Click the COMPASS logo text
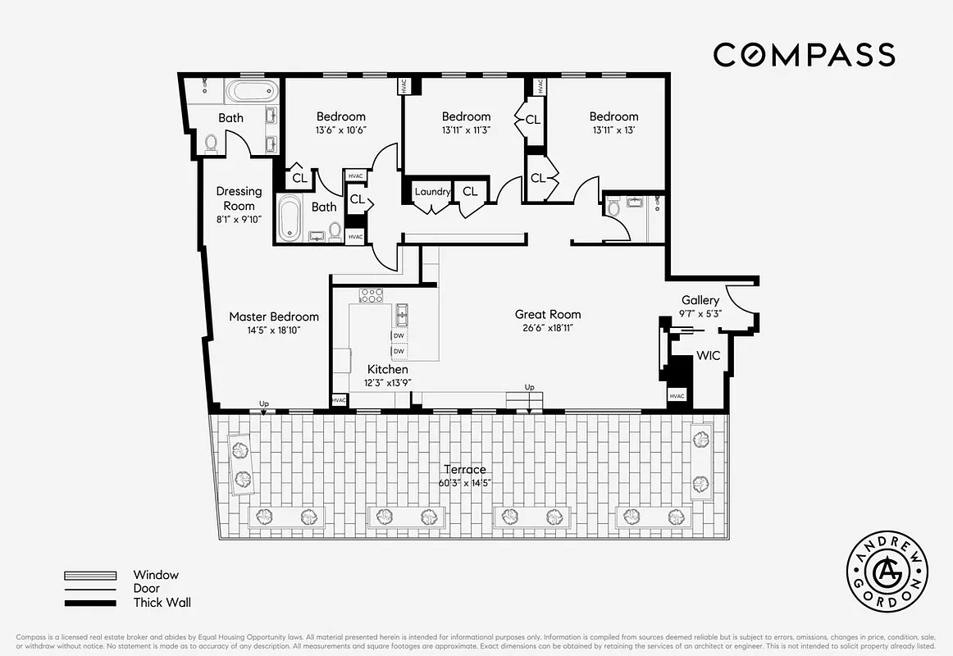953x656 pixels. [x=804, y=55]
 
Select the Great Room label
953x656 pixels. [x=548, y=314]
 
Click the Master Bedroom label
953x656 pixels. [x=274, y=317]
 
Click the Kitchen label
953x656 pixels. [x=388, y=370]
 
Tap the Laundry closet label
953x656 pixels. [x=431, y=192]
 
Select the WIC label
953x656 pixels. [x=708, y=357]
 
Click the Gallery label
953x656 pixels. [x=700, y=301]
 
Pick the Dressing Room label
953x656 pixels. [x=239, y=198]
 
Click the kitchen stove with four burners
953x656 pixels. [x=371, y=295]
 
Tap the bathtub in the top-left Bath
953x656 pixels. [x=252, y=91]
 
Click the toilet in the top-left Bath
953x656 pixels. [x=212, y=144]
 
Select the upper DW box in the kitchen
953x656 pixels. [x=399, y=336]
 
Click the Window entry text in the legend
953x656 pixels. [x=156, y=575]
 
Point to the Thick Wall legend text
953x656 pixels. [x=162, y=603]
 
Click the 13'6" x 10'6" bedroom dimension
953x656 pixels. [x=341, y=130]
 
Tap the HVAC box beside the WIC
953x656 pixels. [x=677, y=396]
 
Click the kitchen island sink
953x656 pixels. [x=401, y=314]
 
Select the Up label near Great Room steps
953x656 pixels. [x=530, y=387]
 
